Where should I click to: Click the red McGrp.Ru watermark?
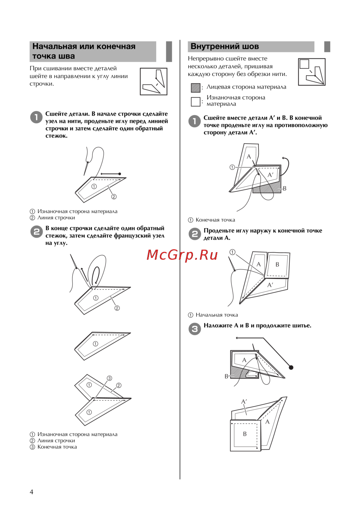[x=182, y=255]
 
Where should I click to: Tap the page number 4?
[x=31, y=492]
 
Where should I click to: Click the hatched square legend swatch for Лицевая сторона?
[x=195, y=88]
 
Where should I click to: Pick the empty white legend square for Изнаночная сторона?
[x=195, y=102]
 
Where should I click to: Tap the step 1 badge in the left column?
[x=36, y=117]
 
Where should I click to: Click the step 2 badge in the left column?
[x=36, y=232]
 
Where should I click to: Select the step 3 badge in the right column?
[x=195, y=329]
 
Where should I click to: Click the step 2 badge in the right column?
[x=195, y=234]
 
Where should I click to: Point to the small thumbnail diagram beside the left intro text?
[x=153, y=81]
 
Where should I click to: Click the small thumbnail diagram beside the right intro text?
[x=312, y=72]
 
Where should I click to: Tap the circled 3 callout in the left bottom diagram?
[x=109, y=378]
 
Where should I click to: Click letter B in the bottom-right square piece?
[x=244, y=434]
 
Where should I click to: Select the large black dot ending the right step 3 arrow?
[x=291, y=367]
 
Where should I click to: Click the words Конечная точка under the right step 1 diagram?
[x=215, y=220]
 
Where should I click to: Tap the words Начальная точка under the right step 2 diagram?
[x=217, y=315]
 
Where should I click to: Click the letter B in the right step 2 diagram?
[x=277, y=264]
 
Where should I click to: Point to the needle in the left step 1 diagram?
[x=86, y=168]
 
